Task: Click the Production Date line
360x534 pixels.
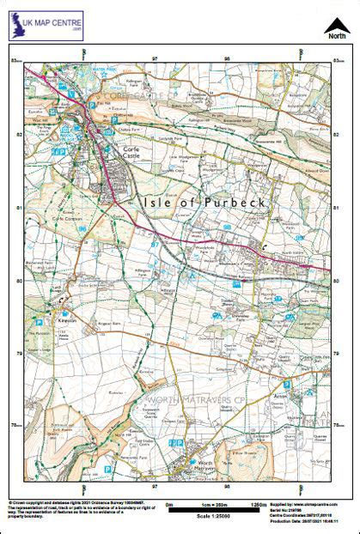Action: [x=303, y=520]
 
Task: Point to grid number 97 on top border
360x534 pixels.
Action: [x=155, y=58]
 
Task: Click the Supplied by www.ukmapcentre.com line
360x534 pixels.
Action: [x=304, y=504]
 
